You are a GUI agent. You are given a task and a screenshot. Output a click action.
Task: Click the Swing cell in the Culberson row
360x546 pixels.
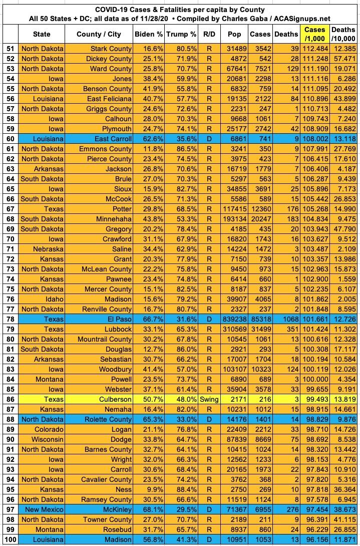click(x=209, y=399)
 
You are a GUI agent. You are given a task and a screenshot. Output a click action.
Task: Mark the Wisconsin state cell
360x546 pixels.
click(x=48, y=439)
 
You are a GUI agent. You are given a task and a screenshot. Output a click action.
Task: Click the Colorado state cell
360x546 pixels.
click(x=49, y=429)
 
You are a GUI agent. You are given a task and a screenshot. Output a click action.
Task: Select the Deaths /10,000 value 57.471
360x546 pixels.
click(x=344, y=59)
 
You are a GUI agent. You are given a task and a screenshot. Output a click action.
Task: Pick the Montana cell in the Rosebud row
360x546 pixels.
click(x=49, y=529)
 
